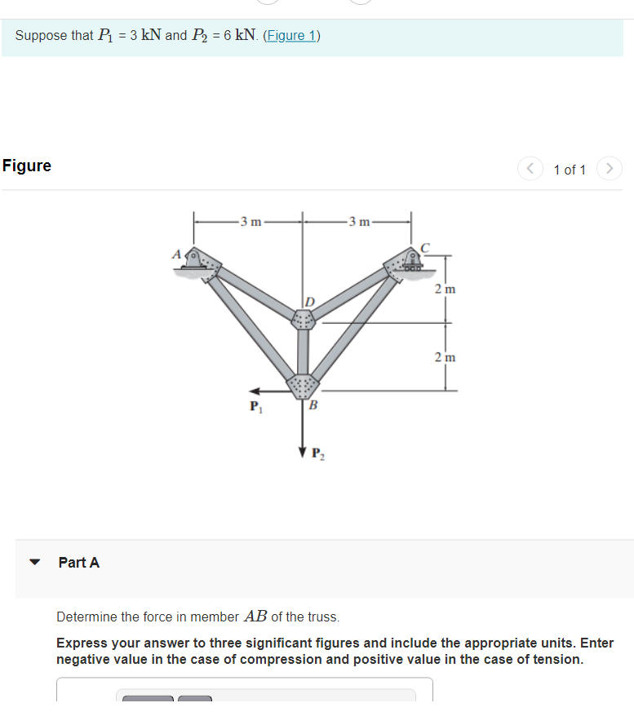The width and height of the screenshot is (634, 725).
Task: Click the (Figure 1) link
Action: coord(291,36)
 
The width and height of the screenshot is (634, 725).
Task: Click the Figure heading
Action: coord(27,166)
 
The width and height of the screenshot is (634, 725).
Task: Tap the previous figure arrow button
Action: coord(530,169)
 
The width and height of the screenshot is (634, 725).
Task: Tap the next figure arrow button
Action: coord(610,169)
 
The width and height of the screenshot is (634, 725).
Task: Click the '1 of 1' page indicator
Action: coord(570,170)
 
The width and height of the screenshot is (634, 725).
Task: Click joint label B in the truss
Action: coord(313,405)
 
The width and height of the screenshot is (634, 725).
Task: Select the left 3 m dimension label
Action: coord(250,221)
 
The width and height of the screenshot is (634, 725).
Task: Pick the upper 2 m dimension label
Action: coord(445,290)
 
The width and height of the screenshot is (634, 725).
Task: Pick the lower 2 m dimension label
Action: coord(445,357)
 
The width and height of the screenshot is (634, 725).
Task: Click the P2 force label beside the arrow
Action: coord(319,453)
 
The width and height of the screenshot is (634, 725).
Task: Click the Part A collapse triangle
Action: coord(35,563)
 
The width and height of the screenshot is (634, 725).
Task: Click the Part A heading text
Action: coord(79,563)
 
